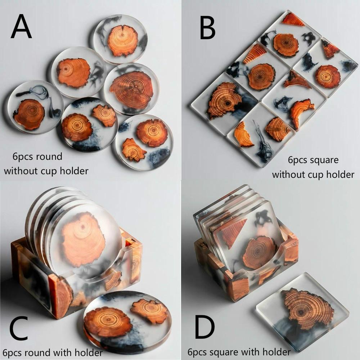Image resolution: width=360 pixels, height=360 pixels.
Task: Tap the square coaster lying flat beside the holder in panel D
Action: point(302,311)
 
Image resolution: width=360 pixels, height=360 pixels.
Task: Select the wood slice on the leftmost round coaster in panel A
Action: point(29,114)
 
